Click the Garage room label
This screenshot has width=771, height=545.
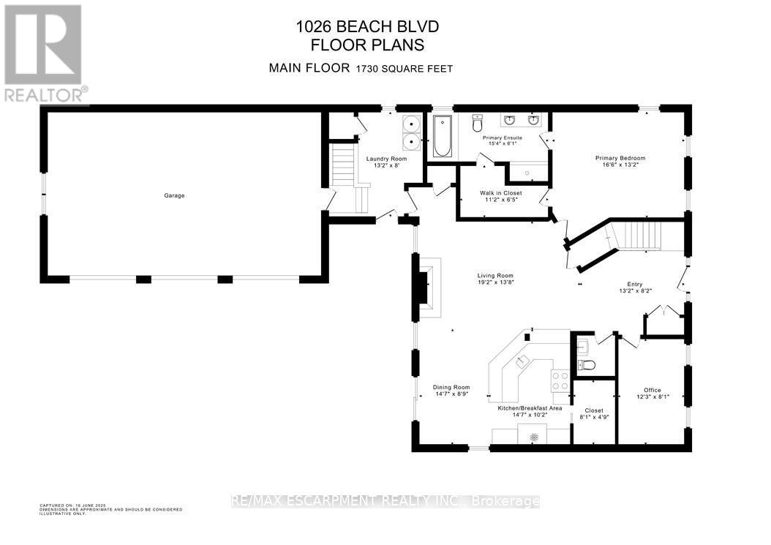pyautogui.click(x=174, y=195)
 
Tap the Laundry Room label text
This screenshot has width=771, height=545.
pyautogui.click(x=386, y=159)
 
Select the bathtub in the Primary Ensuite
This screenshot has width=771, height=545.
pyautogui.click(x=442, y=136)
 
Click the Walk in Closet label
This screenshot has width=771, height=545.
pyautogui.click(x=501, y=193)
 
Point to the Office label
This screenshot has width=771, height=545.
pyautogui.click(x=652, y=390)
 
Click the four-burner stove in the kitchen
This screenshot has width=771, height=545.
pyautogui.click(x=560, y=380)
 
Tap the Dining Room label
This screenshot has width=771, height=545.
pyautogui.click(x=451, y=387)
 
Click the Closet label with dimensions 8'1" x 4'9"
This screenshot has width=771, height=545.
pyautogui.click(x=594, y=410)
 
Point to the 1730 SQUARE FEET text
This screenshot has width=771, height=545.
pyautogui.click(x=405, y=69)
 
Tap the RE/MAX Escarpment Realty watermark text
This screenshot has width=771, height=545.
pyautogui.click(x=385, y=501)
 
